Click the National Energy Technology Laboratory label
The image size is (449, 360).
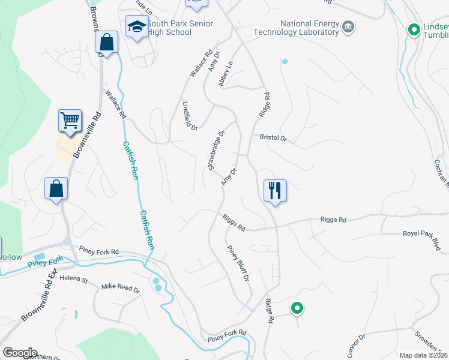[297, 28]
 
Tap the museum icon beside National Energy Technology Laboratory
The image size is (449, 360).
[348, 27]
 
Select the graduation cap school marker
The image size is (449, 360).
[137, 27]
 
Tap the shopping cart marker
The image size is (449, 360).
[70, 121]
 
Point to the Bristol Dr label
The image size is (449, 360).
[273, 138]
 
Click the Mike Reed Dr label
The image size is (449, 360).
[120, 289]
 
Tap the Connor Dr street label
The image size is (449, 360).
[355, 345]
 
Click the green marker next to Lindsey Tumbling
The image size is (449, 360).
[414, 29]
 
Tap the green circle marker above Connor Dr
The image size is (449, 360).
[297, 308]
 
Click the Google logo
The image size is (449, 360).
[20, 353]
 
